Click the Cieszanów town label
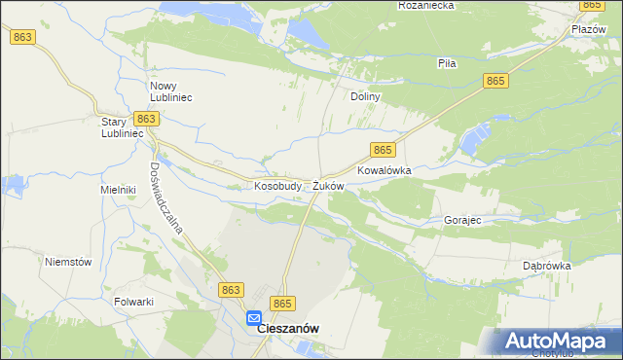[x=288, y=329]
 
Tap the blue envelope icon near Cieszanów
[x=253, y=317]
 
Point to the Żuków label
[x=328, y=185]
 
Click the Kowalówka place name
[x=385, y=169]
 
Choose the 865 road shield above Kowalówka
[x=383, y=149]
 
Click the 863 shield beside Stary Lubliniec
[x=146, y=118]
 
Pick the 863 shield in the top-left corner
[x=24, y=37]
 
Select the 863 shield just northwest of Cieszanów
[x=231, y=290]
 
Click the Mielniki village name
[x=117, y=190]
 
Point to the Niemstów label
[x=68, y=262]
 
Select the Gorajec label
[x=462, y=221]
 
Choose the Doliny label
[x=364, y=97]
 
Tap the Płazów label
[x=589, y=30]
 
